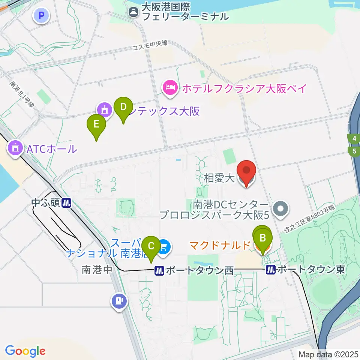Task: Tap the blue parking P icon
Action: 42,16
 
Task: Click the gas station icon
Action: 119,300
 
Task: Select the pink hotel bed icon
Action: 170,88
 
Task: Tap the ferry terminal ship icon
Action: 133,12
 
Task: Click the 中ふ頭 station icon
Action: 66,203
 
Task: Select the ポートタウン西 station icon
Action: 159,270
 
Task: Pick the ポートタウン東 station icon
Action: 270,270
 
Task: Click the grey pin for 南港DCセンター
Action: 280,209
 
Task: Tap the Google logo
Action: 25,351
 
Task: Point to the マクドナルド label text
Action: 219,246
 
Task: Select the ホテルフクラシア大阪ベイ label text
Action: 244,88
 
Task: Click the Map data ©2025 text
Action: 328,354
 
